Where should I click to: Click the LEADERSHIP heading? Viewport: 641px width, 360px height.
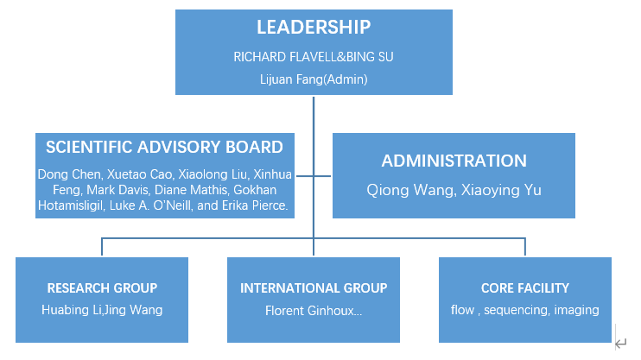314,27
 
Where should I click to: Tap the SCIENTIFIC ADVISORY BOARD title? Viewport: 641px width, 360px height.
164,147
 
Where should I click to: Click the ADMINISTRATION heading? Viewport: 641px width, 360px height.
454,161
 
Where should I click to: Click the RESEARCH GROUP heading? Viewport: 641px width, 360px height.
102,288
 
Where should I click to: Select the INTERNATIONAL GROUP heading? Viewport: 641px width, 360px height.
314,288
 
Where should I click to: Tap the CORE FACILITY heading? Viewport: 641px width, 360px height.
525,288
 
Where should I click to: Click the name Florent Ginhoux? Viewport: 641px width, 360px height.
309,310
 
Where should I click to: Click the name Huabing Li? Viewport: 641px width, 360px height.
71,310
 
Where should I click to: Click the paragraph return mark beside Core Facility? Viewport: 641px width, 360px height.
620,344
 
